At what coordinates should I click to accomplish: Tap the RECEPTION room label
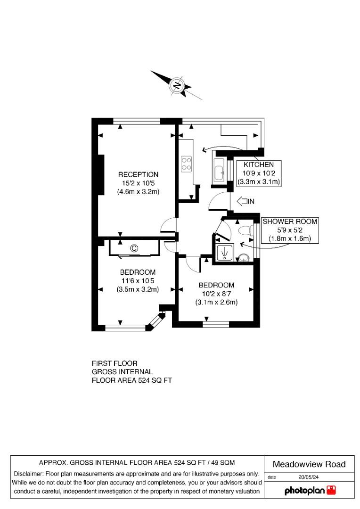click(138, 174)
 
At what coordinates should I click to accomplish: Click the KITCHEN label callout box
click(258, 173)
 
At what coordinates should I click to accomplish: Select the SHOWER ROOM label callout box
click(290, 230)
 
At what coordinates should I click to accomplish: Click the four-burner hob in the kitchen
click(186, 163)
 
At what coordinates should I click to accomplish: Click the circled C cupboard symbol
click(134, 248)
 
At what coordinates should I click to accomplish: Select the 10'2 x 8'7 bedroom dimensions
click(216, 294)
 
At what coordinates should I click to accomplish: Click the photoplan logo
click(311, 491)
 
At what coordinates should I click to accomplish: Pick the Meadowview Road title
click(309, 464)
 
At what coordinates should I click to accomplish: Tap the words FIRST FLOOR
click(115, 363)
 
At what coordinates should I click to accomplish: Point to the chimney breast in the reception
click(100, 174)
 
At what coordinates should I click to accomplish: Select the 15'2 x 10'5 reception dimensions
click(138, 183)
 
